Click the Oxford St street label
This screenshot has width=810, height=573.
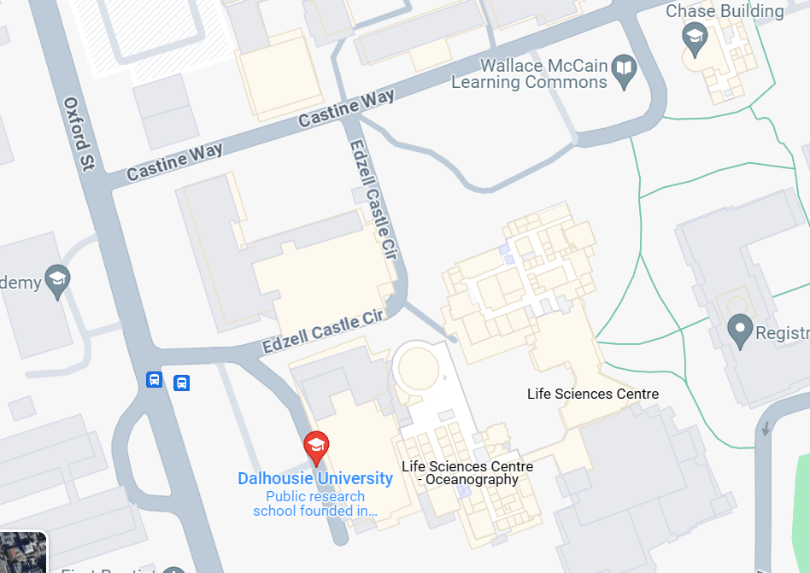[x=79, y=134]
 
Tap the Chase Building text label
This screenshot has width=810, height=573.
[x=725, y=11]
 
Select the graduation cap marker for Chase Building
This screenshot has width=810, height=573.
[x=695, y=36]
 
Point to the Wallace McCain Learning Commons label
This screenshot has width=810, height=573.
[x=530, y=74]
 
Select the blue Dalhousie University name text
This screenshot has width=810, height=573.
[x=315, y=478]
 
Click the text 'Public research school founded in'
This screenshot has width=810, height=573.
[x=315, y=504]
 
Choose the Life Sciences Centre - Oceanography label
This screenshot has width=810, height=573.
[x=467, y=473]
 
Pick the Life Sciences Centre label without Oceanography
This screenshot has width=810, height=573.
[x=593, y=394]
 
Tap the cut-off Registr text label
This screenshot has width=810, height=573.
[x=783, y=333]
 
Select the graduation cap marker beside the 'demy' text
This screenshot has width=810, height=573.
[x=57, y=281]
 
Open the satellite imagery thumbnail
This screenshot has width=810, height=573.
[x=21, y=553]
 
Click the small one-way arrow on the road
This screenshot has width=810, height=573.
[x=766, y=429]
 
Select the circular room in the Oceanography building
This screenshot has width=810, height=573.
[x=420, y=369]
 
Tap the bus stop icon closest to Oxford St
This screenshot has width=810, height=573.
[x=154, y=380]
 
